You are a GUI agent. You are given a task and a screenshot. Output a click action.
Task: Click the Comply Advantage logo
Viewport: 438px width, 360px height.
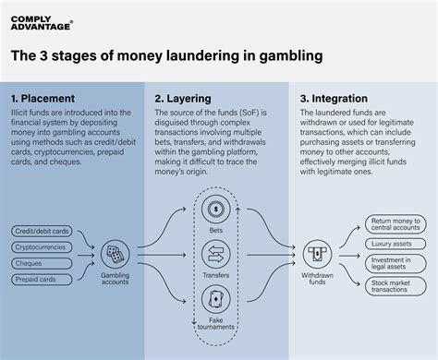(42, 21)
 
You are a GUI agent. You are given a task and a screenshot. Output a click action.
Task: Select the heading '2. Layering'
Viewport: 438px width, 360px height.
(184, 97)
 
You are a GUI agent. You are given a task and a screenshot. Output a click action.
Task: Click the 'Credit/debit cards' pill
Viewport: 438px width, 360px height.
(42, 231)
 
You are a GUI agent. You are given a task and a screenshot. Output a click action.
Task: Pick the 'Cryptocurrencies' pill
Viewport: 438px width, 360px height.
(42, 246)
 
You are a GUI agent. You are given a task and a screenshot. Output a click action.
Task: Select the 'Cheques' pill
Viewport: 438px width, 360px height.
(42, 262)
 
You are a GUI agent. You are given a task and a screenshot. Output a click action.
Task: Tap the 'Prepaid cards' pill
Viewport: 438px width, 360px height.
(42, 278)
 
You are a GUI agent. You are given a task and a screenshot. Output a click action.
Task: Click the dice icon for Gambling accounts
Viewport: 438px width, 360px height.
(116, 251)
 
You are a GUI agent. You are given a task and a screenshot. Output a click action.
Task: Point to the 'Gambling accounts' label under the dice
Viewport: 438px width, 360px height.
(116, 278)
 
